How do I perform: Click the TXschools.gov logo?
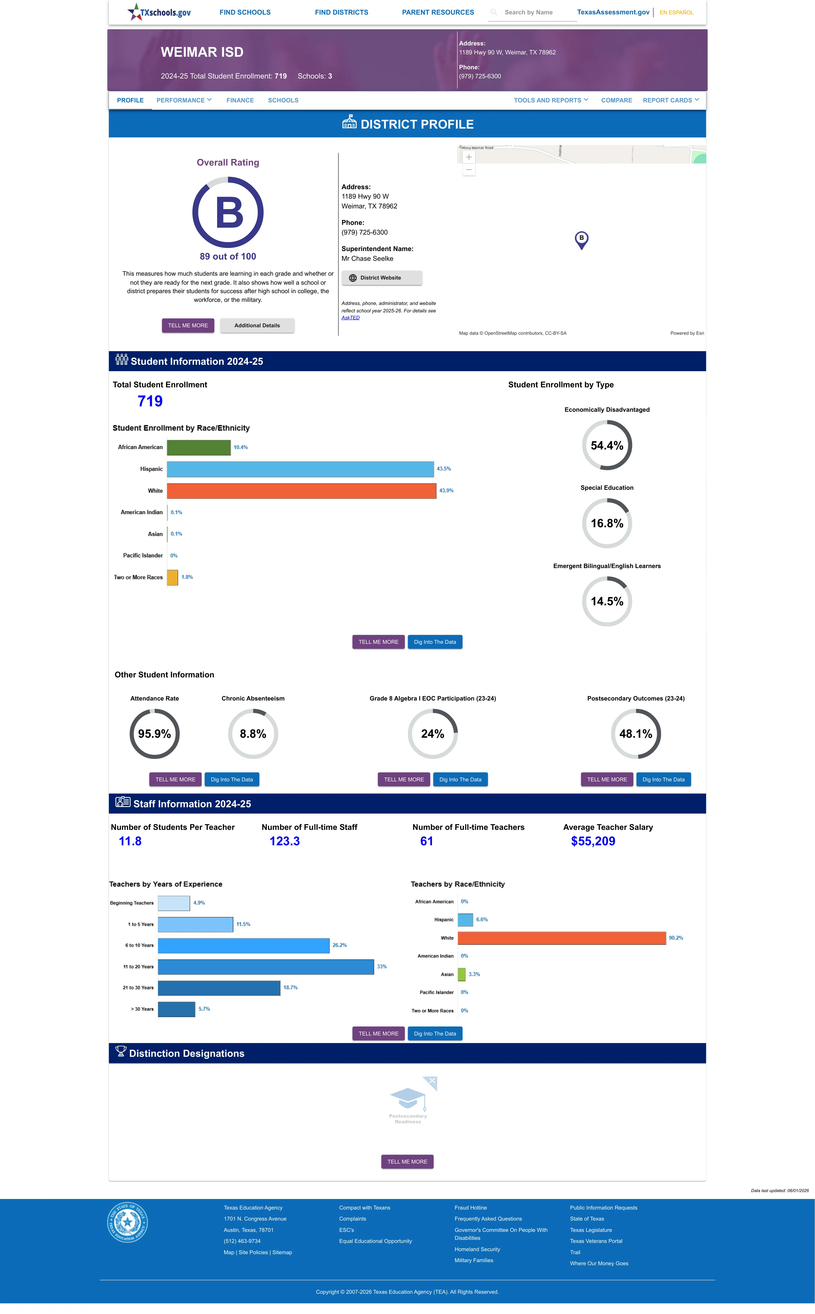(x=159, y=12)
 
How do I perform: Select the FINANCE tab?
(x=240, y=100)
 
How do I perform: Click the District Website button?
(x=382, y=278)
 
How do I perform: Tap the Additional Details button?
(x=257, y=326)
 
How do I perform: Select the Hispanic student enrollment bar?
(x=300, y=469)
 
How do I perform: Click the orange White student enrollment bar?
(x=301, y=491)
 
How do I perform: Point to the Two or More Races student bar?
(x=172, y=578)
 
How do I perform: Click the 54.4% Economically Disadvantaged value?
(x=607, y=445)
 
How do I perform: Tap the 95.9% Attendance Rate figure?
(x=154, y=734)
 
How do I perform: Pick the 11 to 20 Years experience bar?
(x=266, y=967)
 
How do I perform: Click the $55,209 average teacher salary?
(x=593, y=841)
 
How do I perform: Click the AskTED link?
(x=350, y=318)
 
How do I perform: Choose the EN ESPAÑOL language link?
(x=676, y=12)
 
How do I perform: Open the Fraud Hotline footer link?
(x=470, y=1208)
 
